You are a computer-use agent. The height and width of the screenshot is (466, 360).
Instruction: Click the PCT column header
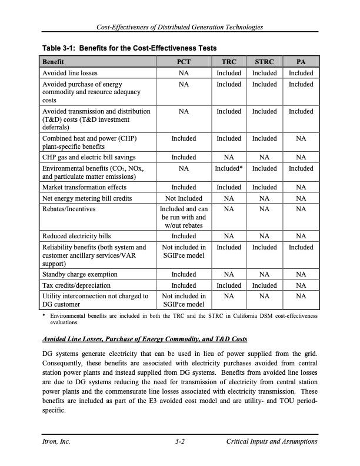(183, 62)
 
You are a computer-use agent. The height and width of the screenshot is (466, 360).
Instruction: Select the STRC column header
(264, 62)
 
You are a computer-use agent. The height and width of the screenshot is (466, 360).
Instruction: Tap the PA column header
(301, 62)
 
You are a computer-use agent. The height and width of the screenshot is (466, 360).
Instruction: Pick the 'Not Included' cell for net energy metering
(183, 199)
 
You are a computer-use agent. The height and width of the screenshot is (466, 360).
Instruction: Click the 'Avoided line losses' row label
(71, 73)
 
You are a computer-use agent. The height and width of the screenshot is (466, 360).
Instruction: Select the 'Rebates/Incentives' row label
(67, 209)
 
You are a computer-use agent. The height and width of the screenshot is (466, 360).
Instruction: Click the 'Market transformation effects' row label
(84, 188)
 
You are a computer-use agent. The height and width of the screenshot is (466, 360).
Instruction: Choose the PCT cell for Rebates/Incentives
(183, 218)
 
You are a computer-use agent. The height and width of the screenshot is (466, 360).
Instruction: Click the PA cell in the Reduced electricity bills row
(301, 236)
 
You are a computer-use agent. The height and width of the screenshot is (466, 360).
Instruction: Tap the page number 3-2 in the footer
(180, 442)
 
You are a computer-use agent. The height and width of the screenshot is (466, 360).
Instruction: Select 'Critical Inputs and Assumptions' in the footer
(271, 442)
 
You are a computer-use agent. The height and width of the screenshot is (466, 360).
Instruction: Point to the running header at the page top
(180, 28)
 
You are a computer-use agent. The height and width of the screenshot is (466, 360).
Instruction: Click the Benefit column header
(53, 62)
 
